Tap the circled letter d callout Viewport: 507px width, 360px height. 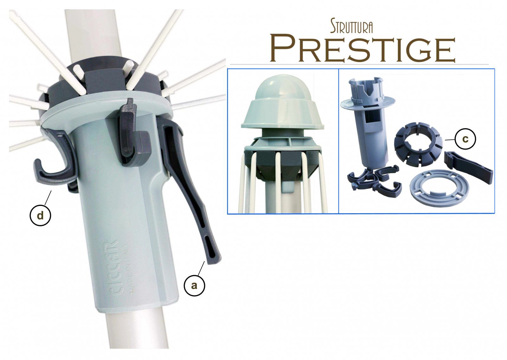[40, 215]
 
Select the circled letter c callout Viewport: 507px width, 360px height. [465, 139]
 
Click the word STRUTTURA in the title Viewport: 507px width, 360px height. [351, 27]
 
